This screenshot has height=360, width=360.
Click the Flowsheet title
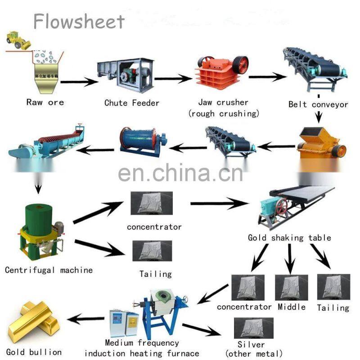click(x=79, y=21)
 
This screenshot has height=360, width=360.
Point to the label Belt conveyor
click(x=318, y=104)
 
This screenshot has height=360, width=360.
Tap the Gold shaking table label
click(x=289, y=238)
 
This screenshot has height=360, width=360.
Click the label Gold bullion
click(x=34, y=351)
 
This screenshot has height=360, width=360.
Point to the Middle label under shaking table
click(x=291, y=307)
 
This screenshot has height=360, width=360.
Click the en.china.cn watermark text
click(x=180, y=172)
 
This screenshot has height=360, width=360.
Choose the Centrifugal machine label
click(x=49, y=270)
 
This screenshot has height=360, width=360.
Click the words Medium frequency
click(x=142, y=343)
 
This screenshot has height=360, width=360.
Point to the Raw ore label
click(x=45, y=102)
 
